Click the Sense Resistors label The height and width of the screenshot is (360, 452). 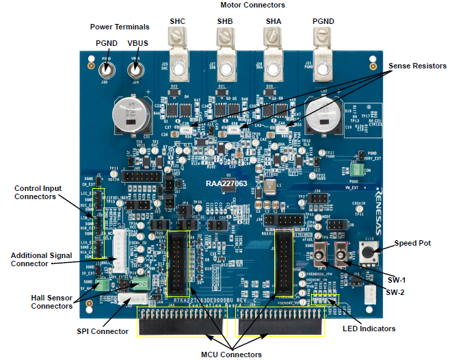pos(417,66)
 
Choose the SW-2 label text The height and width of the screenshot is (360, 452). pos(396,292)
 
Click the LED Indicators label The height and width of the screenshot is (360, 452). pos(369,329)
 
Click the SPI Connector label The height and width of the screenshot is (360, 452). pos(102,331)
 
